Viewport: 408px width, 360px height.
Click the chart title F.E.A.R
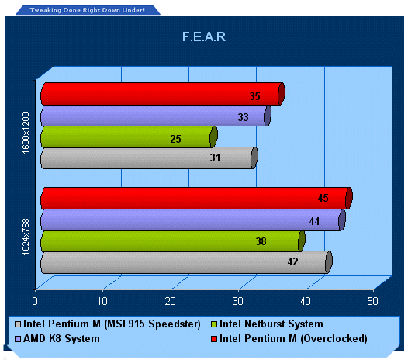coord(204,36)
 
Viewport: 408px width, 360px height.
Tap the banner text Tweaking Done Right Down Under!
coord(88,10)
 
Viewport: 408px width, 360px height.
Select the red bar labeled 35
coord(163,94)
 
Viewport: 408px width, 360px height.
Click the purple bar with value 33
coord(156,116)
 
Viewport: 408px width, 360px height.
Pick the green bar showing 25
coord(129,137)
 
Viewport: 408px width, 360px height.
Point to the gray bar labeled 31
coord(149,158)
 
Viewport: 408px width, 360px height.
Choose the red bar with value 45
coord(196,198)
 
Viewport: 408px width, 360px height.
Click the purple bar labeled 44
coord(193,220)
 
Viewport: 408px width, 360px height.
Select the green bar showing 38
coord(173,241)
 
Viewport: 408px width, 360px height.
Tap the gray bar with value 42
coord(186,262)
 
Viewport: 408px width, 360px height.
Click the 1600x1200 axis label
coord(26,133)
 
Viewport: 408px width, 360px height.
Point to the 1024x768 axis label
coord(26,237)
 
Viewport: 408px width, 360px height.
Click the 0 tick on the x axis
coord(35,301)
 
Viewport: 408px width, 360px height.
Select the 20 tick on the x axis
coord(170,301)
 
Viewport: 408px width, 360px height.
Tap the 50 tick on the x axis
coord(372,301)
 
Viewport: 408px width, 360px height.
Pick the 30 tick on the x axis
coord(237,301)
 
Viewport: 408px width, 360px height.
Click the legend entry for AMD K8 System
coord(57,338)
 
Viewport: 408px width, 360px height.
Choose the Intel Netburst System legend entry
coord(268,324)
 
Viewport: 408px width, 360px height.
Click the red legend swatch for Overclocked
coord(214,339)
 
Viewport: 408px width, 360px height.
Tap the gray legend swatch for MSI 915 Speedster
coord(18,324)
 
